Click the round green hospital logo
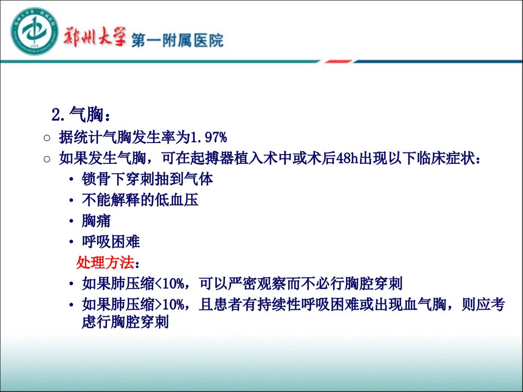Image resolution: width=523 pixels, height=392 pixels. (x=34, y=32)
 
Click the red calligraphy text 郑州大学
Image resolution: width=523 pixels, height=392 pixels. (x=95, y=36)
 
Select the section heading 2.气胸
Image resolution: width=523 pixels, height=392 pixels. (x=81, y=115)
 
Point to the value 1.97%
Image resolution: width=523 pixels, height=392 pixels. (x=209, y=137)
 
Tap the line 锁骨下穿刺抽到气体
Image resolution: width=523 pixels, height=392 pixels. (x=148, y=179)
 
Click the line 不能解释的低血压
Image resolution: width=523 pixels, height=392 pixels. (x=140, y=200)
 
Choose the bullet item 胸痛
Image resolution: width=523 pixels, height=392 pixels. (x=96, y=220)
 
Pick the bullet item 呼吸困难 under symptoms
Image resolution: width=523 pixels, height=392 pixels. (x=111, y=242)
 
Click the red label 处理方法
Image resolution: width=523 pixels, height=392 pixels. (x=105, y=262)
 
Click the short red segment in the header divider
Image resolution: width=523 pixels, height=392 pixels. (x=338, y=62)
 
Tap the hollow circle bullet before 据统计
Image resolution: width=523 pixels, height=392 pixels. (x=47, y=138)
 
